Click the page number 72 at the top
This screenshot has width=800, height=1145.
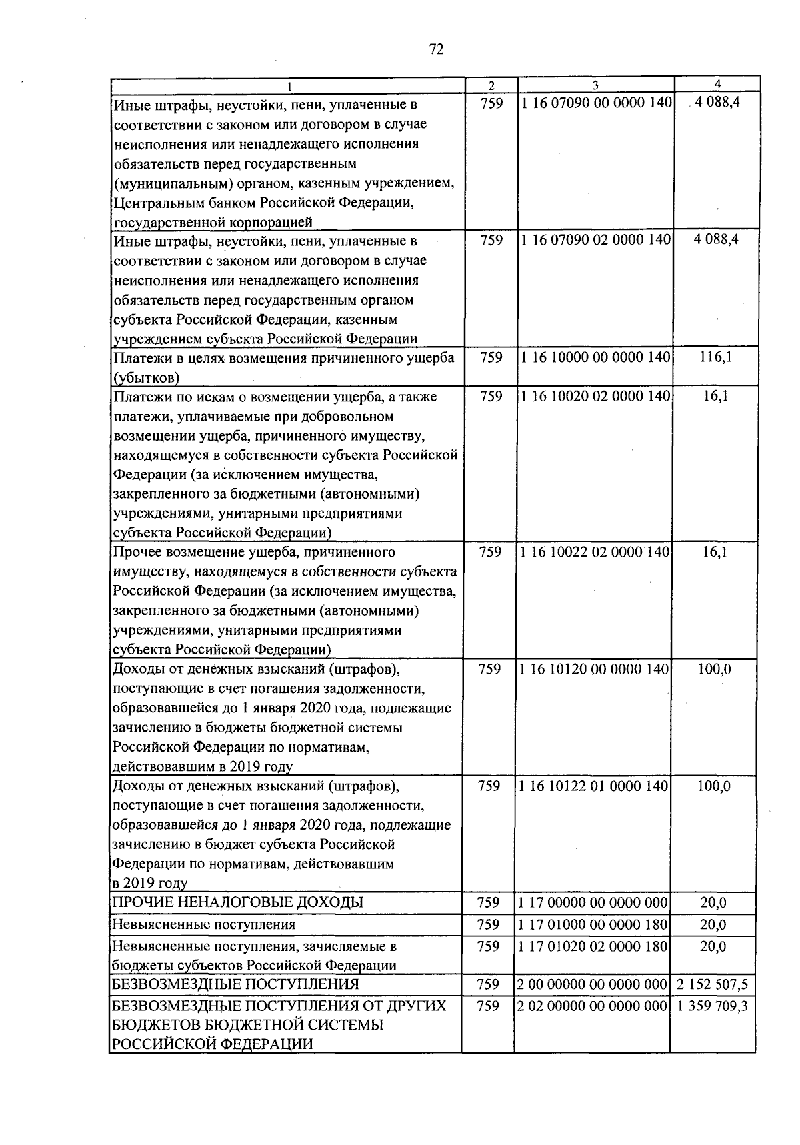(437, 49)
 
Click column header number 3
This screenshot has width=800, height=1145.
(595, 85)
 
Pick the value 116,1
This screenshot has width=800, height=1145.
(715, 357)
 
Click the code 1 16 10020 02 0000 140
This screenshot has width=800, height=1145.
(593, 397)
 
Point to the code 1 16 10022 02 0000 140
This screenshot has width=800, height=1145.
(593, 552)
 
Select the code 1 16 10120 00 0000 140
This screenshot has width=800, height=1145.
(593, 669)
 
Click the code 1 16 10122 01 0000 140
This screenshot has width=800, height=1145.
(593, 786)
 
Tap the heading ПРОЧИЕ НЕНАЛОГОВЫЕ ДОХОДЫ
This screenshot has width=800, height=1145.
(238, 903)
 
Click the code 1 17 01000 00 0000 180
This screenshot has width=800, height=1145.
(593, 925)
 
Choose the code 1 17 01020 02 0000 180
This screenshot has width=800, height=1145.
(593, 946)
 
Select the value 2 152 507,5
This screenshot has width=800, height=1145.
(712, 984)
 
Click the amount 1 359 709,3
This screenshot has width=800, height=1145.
(712, 1006)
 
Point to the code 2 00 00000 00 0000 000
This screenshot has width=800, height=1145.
(593, 984)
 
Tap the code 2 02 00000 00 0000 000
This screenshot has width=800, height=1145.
(593, 1006)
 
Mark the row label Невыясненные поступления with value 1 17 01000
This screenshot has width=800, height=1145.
(204, 925)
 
